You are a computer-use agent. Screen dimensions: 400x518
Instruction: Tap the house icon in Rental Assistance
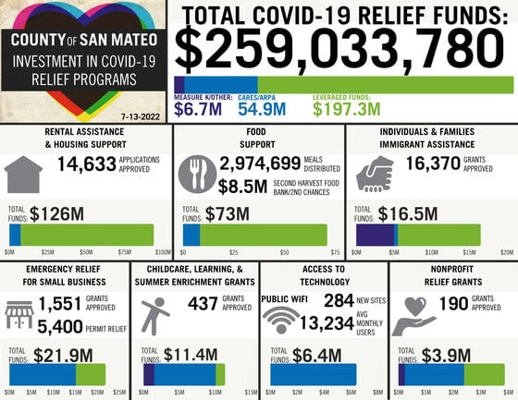pyautogui.click(x=25, y=175)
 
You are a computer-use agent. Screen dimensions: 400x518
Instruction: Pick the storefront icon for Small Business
pyautogui.click(x=19, y=316)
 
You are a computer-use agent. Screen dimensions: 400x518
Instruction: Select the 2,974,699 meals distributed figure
pyautogui.click(x=260, y=164)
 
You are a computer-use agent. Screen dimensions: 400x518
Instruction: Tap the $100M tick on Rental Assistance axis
pyautogui.click(x=164, y=251)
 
